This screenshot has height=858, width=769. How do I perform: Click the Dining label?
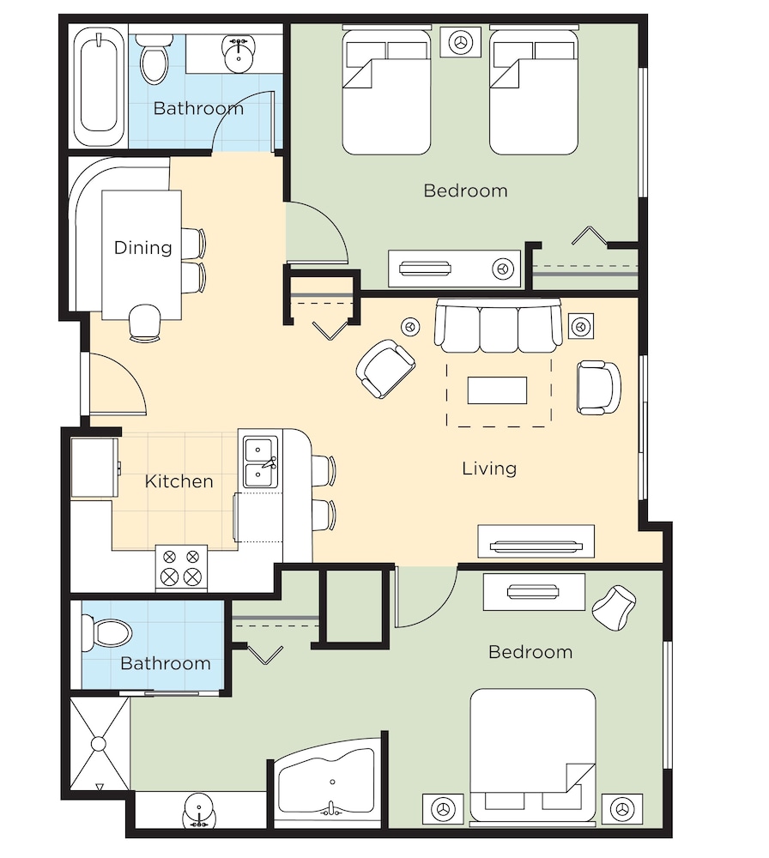point(142,247)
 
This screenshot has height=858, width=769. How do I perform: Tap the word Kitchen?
point(179,481)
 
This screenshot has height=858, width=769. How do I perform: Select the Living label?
point(489,468)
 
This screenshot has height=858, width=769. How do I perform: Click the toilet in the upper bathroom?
point(154,59)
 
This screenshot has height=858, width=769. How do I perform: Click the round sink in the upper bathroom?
point(239,53)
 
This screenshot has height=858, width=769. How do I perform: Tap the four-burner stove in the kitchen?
point(181,568)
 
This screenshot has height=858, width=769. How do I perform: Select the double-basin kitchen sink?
point(261,462)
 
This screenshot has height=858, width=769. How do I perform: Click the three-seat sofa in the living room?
point(498,325)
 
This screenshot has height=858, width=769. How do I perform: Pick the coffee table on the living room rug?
point(497,390)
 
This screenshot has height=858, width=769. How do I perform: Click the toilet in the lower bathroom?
point(106,633)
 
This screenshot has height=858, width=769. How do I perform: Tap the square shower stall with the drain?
point(99,744)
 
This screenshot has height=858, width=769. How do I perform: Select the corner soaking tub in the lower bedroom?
point(329,782)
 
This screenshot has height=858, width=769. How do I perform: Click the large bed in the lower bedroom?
point(533,755)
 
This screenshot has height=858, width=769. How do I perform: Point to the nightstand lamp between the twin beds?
point(461,41)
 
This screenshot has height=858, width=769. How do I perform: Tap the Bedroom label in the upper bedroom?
point(466,191)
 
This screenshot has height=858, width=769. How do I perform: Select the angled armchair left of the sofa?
point(385,368)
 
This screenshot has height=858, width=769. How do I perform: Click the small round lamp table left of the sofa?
point(410,327)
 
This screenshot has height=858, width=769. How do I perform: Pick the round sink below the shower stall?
point(199,811)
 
